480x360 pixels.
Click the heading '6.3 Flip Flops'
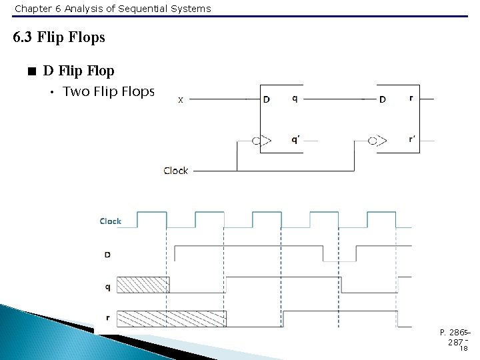point(59,37)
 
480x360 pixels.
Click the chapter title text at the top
point(113,9)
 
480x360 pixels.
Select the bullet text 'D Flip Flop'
point(79,71)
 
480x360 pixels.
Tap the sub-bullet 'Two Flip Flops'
point(109,91)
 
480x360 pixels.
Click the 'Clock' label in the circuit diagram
point(176,171)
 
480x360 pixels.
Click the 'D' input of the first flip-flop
point(267,100)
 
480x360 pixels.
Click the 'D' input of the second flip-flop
point(383,100)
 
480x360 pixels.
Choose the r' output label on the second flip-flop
point(413,140)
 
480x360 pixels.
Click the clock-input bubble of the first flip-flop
point(255,141)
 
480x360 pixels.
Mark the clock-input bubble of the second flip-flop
point(371,141)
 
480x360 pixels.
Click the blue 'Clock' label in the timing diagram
point(111,221)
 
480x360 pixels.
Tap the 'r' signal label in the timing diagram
point(107,318)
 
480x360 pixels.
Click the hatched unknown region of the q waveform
point(143,285)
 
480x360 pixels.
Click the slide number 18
point(463,348)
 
